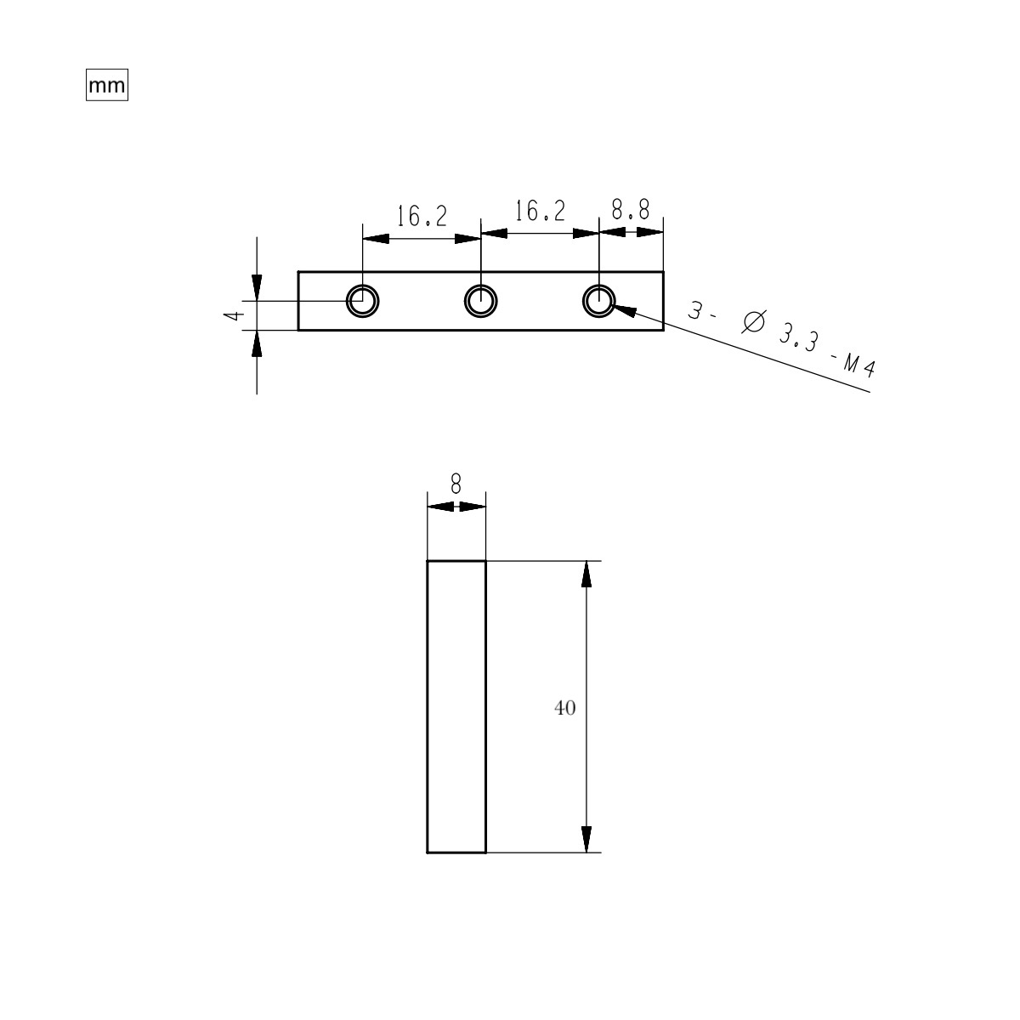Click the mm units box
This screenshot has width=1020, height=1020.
[106, 86]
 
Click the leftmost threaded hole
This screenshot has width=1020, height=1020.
[363, 300]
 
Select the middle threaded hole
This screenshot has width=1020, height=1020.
[481, 300]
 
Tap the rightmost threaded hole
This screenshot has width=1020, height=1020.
[599, 300]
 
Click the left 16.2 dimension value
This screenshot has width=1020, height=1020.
[422, 217]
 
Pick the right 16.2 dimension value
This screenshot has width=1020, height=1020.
[540, 212]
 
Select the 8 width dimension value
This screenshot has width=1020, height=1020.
[456, 484]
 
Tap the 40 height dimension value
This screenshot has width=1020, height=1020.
[565, 707]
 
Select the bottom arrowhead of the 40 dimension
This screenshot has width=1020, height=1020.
[586, 838]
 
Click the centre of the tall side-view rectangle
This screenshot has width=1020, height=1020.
[456, 706]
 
